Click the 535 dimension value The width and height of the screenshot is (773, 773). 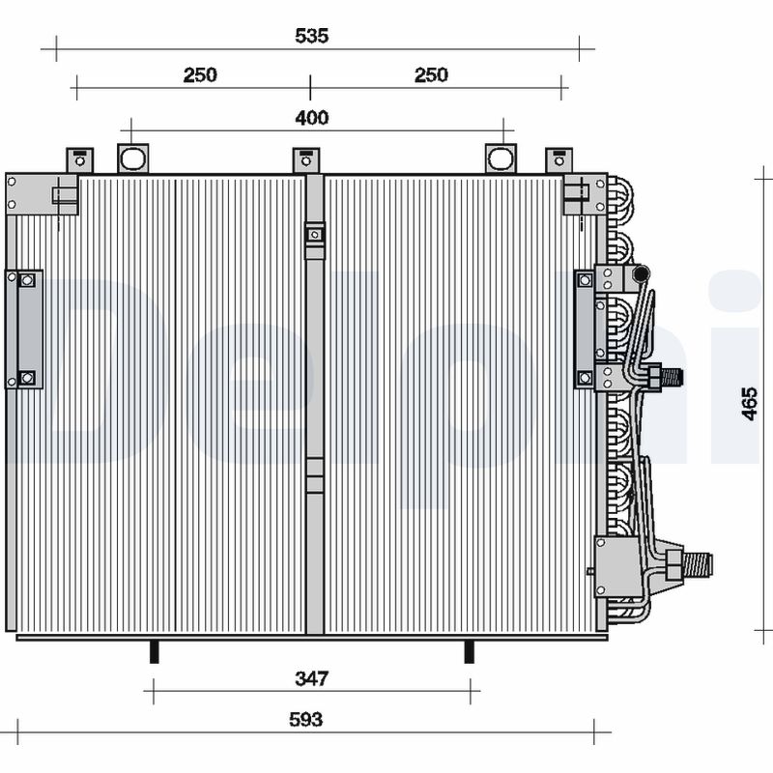[312, 36]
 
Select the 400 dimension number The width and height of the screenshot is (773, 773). [312, 118]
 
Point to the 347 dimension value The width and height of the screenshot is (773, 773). [312, 679]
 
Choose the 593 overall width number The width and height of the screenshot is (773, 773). [305, 720]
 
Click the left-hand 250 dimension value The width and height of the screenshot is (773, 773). [200, 75]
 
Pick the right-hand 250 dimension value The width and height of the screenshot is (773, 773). [431, 75]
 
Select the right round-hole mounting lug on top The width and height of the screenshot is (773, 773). [501, 158]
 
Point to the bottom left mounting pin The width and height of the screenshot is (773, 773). [153, 651]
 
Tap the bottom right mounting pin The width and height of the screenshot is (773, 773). [470, 651]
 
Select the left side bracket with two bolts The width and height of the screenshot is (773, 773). [26, 329]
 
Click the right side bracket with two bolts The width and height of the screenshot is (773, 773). [586, 329]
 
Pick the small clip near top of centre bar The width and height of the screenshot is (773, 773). [314, 235]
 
